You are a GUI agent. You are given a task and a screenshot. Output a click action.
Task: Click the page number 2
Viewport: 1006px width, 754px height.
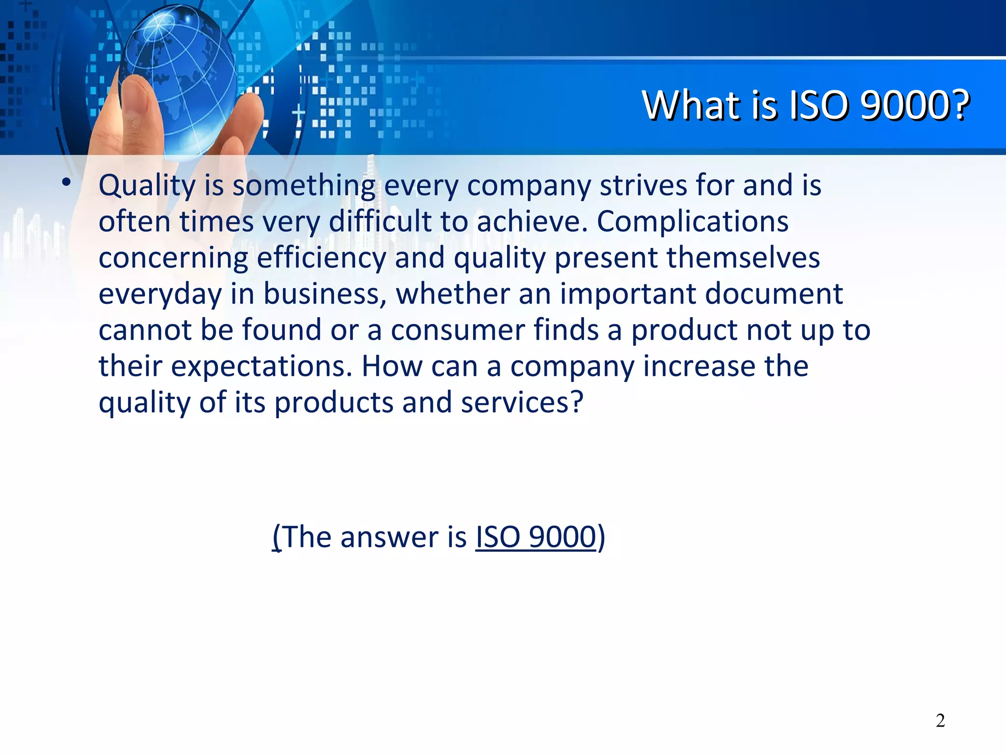[940, 721]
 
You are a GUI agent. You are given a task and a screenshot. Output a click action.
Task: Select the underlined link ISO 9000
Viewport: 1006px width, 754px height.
[535, 537]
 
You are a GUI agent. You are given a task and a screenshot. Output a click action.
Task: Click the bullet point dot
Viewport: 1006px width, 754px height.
[66, 183]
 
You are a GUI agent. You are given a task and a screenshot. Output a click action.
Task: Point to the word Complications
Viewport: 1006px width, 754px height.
[692, 222]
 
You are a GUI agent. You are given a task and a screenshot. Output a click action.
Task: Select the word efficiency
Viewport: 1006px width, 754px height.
[321, 258]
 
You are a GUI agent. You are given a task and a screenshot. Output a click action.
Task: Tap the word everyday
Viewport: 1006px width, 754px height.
[160, 295]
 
